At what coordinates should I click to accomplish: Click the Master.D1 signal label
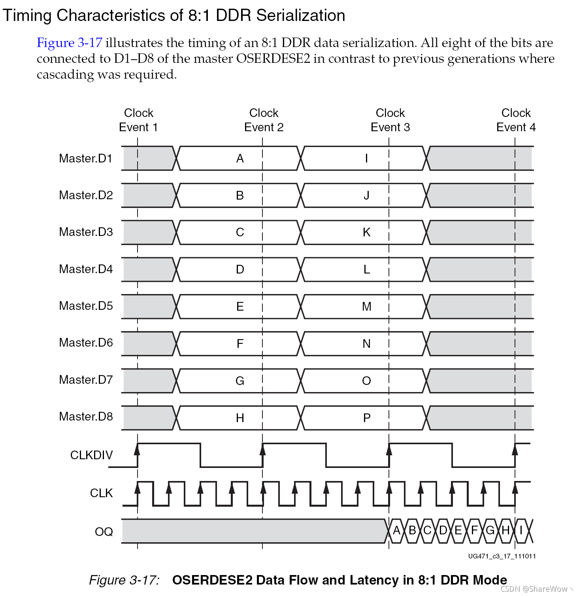(86, 158)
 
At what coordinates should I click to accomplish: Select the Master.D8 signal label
(86, 417)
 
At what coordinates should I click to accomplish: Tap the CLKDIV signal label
(91, 455)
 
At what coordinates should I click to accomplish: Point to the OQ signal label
(104, 532)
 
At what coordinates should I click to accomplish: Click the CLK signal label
(101, 493)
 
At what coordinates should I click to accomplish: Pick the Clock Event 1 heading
(138, 120)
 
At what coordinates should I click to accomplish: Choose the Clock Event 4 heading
(516, 120)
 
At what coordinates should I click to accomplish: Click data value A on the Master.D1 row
(240, 158)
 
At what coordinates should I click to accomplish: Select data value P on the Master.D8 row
(367, 418)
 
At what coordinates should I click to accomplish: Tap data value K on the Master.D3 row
(367, 232)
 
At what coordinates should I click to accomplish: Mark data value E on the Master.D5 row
(240, 307)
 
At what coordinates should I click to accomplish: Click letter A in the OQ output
(397, 530)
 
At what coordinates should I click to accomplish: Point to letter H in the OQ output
(505, 530)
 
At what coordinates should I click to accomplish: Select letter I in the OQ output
(521, 530)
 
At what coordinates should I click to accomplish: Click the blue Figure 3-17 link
(70, 43)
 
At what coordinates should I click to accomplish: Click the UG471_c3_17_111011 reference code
(502, 556)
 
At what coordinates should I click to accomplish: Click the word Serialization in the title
(300, 15)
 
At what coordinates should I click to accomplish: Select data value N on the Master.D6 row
(367, 344)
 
